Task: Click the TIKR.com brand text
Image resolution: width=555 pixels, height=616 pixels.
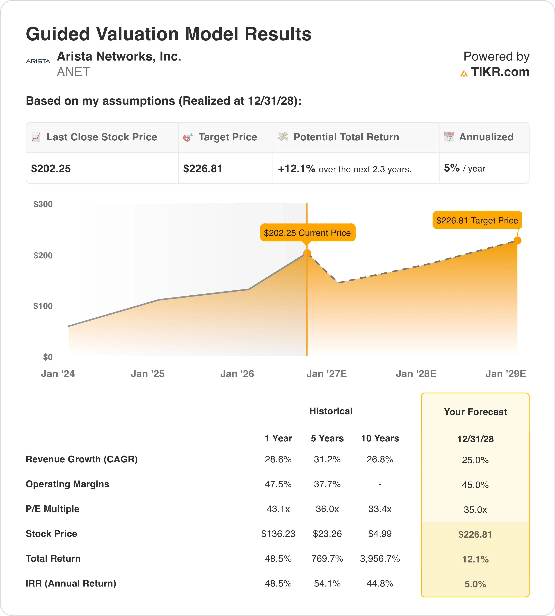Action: pos(500,72)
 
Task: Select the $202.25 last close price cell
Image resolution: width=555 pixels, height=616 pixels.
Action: pos(51,169)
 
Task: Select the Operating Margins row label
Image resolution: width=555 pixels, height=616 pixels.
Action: pos(67,484)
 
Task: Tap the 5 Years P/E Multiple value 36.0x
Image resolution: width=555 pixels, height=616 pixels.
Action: pos(327,509)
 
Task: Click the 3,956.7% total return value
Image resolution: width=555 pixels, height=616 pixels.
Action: pos(380,558)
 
